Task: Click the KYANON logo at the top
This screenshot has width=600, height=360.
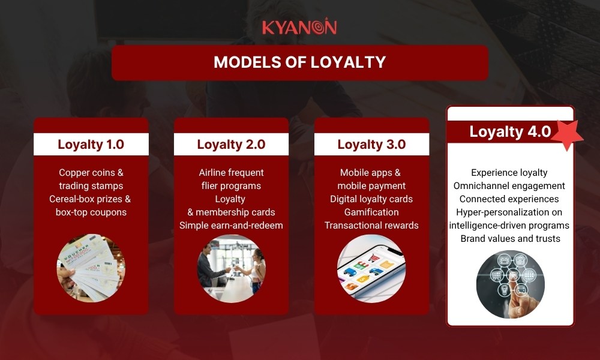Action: [x=299, y=28]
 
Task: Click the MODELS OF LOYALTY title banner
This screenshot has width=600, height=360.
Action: [x=299, y=62]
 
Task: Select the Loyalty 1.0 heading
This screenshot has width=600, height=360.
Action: [x=91, y=145]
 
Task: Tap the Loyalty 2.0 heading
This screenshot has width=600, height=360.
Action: [x=231, y=145]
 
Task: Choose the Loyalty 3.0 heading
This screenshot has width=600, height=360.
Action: [x=371, y=145]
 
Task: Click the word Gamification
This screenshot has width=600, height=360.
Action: [x=371, y=212]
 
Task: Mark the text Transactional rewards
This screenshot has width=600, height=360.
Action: [x=371, y=226]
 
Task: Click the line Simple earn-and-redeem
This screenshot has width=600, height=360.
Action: [x=231, y=226]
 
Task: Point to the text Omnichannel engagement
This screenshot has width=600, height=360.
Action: [x=510, y=186]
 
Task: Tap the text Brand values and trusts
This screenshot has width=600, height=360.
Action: [x=510, y=239]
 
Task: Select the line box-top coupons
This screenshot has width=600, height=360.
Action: [x=91, y=212]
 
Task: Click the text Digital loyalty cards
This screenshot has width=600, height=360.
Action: [x=371, y=199]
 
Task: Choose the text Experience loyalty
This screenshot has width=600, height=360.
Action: [x=510, y=173]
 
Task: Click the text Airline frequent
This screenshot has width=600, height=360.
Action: [x=231, y=173]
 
